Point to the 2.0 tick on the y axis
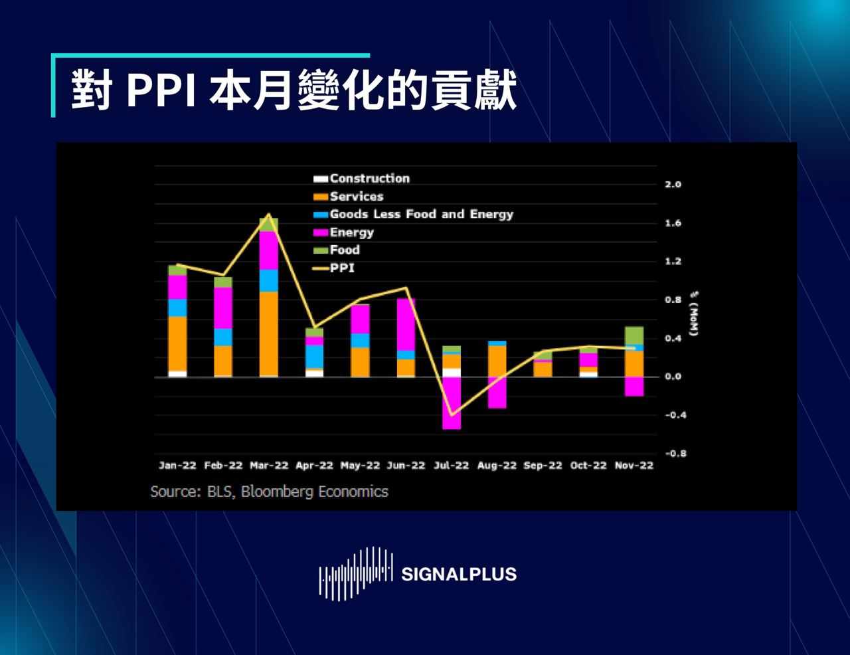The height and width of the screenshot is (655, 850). pyautogui.click(x=673, y=185)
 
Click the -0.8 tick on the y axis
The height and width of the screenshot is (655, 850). pyautogui.click(x=675, y=454)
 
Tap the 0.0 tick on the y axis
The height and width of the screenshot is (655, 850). pyautogui.click(x=673, y=377)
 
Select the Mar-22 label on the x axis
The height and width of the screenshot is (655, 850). pyautogui.click(x=269, y=466)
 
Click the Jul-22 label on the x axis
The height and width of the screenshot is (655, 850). pyautogui.click(x=451, y=466)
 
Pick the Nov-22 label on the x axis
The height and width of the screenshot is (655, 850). pyautogui.click(x=634, y=466)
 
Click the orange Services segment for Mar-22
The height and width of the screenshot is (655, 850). pyautogui.click(x=269, y=333)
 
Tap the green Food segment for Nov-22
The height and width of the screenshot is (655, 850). pyautogui.click(x=634, y=335)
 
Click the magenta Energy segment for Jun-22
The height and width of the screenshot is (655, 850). pyautogui.click(x=406, y=324)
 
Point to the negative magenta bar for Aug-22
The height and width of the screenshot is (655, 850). pyautogui.click(x=497, y=393)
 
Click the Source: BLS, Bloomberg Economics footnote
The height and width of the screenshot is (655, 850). pyautogui.click(x=269, y=492)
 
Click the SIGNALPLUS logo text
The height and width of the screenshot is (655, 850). pyautogui.click(x=458, y=574)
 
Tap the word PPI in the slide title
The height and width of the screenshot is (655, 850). pyautogui.click(x=160, y=90)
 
